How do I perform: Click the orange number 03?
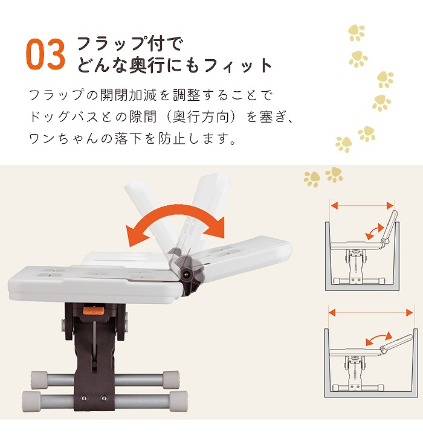tap(45, 55)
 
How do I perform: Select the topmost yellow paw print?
tap(357, 33)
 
